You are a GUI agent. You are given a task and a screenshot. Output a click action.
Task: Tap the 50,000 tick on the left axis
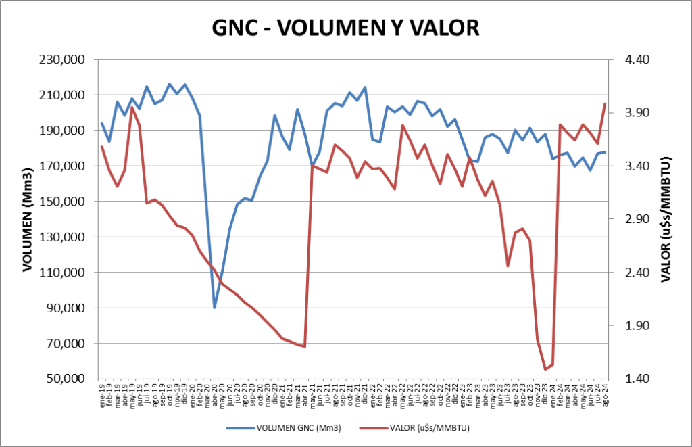(x=65, y=379)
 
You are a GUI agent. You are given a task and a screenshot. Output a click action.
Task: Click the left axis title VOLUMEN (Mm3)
(x=28, y=218)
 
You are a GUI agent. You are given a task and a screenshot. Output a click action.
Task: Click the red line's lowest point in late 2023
(x=545, y=369)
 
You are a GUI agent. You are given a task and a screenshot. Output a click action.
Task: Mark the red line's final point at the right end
(x=605, y=103)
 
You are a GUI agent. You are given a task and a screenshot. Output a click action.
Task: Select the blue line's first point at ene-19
(x=102, y=123)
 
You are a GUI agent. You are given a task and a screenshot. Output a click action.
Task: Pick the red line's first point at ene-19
(x=102, y=146)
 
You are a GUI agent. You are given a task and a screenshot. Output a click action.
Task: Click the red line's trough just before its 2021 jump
(x=305, y=346)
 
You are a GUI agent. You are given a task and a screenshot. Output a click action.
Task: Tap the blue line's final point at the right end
(x=605, y=151)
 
